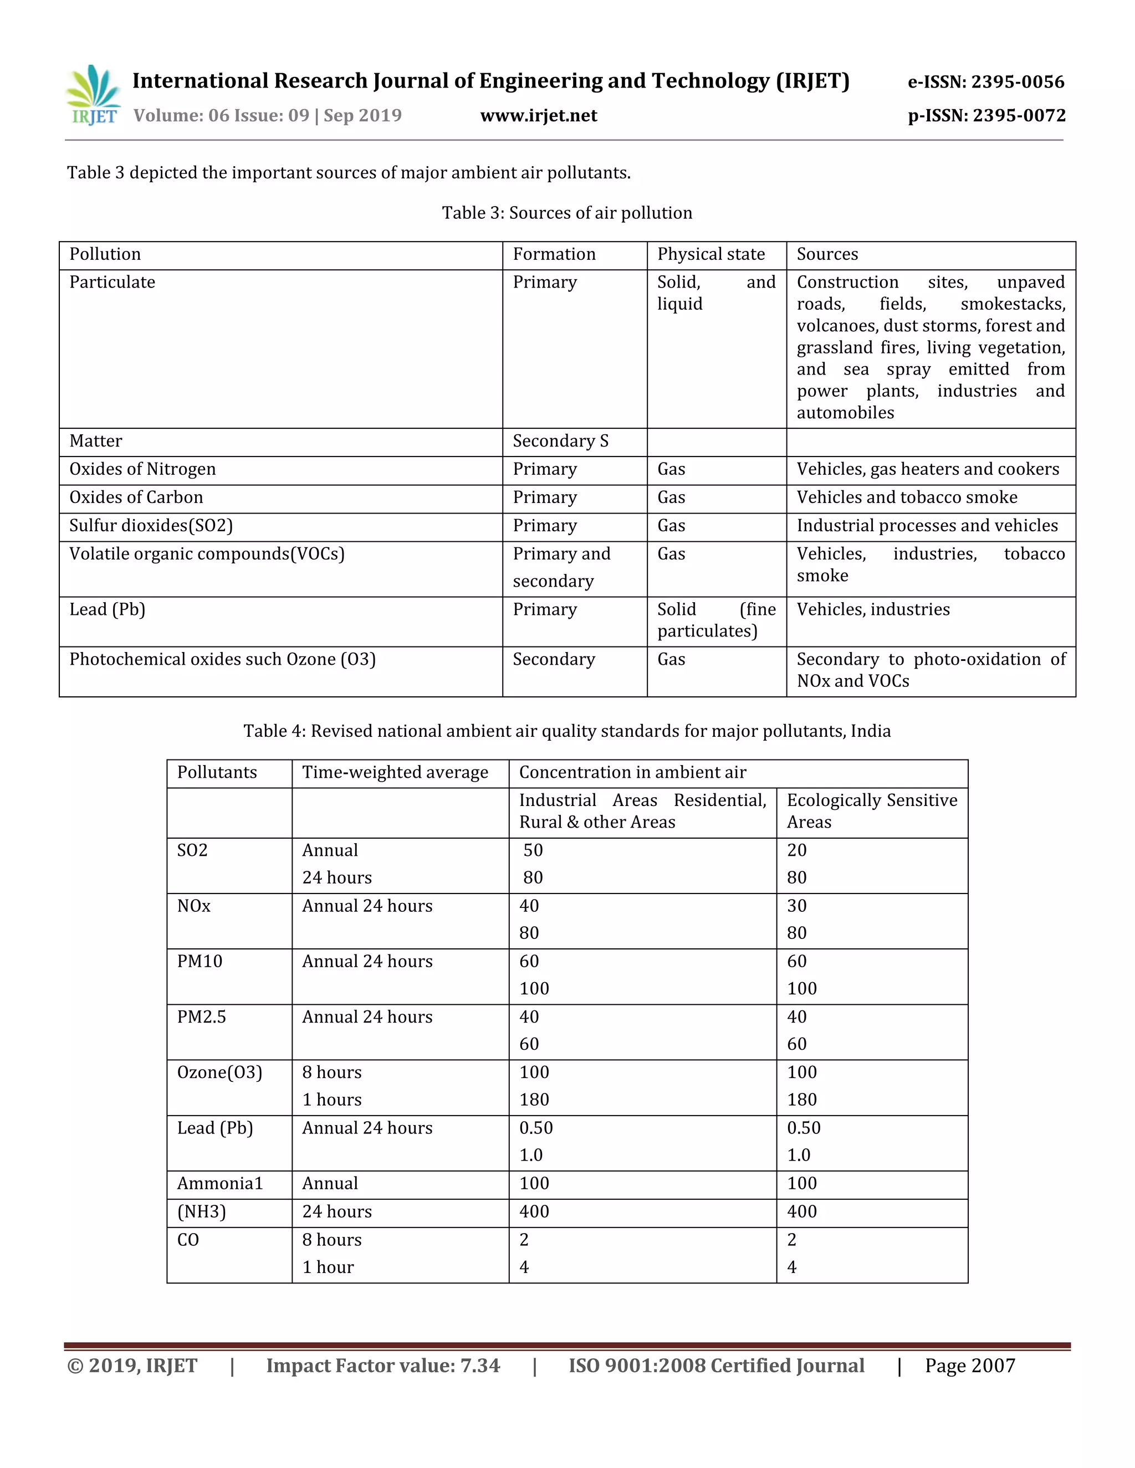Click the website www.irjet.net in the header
point(539,116)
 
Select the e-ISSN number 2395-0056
point(1018,82)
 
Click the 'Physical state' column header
point(710,254)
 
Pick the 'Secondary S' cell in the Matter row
point(560,441)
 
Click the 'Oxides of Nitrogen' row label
point(142,469)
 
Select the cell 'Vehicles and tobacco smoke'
point(906,497)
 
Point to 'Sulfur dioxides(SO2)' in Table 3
point(151,526)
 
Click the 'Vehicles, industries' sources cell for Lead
point(873,610)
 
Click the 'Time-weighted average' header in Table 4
point(395,772)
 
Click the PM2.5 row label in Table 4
point(201,1017)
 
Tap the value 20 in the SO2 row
point(796,850)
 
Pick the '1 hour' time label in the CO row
point(328,1267)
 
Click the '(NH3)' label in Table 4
point(201,1212)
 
